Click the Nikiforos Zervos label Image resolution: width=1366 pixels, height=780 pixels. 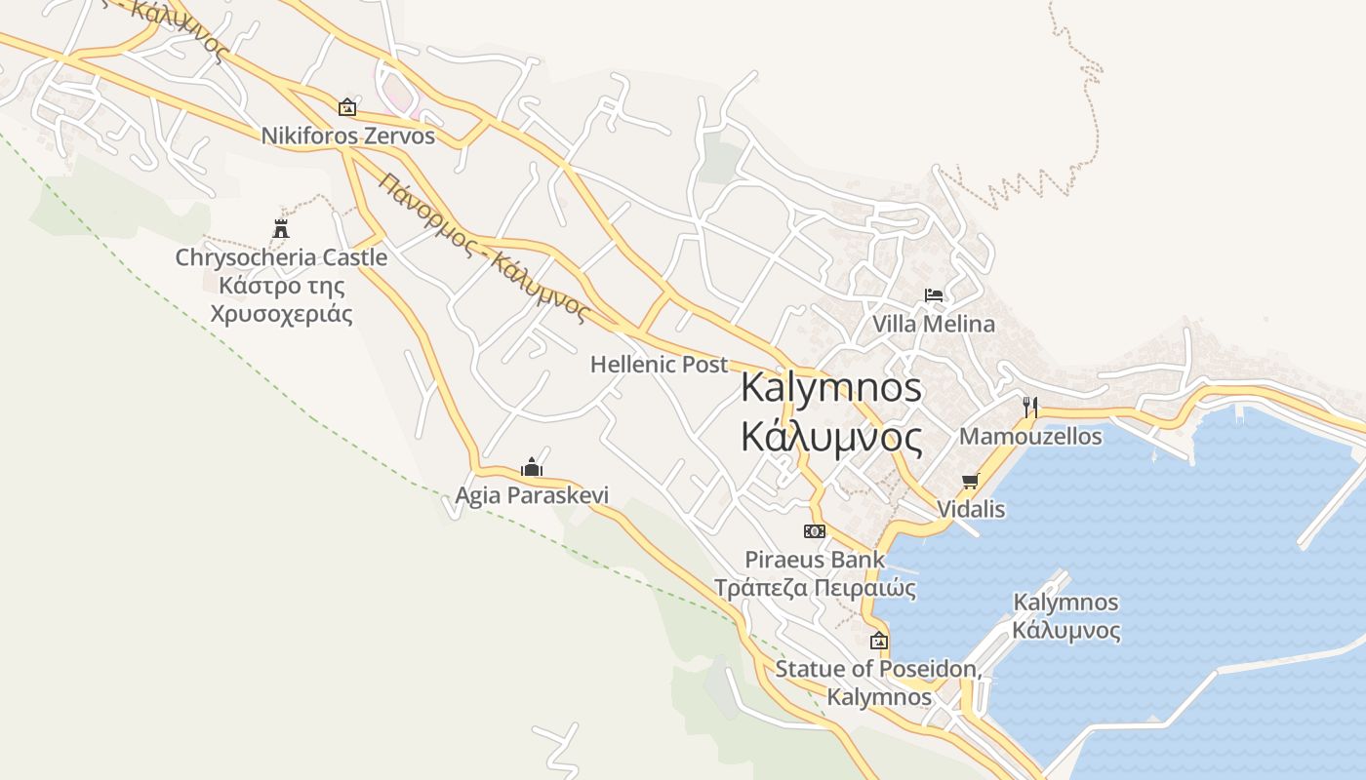(347, 136)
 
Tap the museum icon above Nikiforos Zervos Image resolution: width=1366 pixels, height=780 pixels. (346, 107)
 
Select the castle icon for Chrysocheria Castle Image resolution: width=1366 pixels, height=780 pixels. (281, 229)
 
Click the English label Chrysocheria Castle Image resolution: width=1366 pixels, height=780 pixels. (281, 257)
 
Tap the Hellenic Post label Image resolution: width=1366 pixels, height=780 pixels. (659, 365)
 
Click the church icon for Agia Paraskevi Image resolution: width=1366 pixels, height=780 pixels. (531, 468)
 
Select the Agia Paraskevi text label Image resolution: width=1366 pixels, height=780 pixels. (532, 495)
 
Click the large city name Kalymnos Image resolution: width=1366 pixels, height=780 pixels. (830, 387)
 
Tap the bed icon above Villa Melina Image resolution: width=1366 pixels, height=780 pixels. (934, 295)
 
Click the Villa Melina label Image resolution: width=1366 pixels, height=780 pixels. (934, 324)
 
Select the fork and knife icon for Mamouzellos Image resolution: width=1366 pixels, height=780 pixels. (1030, 407)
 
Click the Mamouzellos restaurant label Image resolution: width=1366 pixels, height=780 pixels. (1030, 436)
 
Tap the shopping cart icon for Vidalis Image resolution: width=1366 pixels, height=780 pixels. (970, 481)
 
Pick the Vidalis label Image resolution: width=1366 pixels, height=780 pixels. (971, 509)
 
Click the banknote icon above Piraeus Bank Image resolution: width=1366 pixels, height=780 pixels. (815, 531)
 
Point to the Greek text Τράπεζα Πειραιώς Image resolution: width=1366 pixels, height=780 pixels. (815, 588)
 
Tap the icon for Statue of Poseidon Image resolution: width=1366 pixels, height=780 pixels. (879, 641)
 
